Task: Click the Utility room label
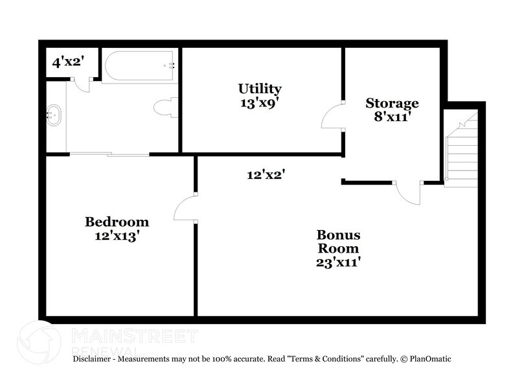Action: coord(259,89)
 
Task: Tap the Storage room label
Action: coord(392,103)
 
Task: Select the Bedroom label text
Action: coord(117,222)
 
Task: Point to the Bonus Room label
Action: coord(337,241)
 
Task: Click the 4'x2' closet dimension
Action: coord(68,62)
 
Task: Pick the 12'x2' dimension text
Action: coord(266,174)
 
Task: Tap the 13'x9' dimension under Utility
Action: coord(259,102)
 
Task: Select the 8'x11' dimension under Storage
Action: coord(392,117)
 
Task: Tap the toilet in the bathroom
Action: coord(166,108)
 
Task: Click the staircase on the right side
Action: coord(461,149)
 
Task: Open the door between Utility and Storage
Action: coord(332,117)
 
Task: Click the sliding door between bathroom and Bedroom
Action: coord(109,154)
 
